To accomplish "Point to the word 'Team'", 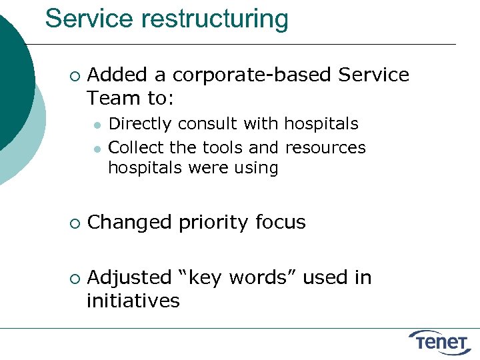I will coord(113,99).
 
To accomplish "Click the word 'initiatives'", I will coord(133,301).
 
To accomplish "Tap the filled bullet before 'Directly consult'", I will coord(97,125).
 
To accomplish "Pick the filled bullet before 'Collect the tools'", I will coord(97,147).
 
